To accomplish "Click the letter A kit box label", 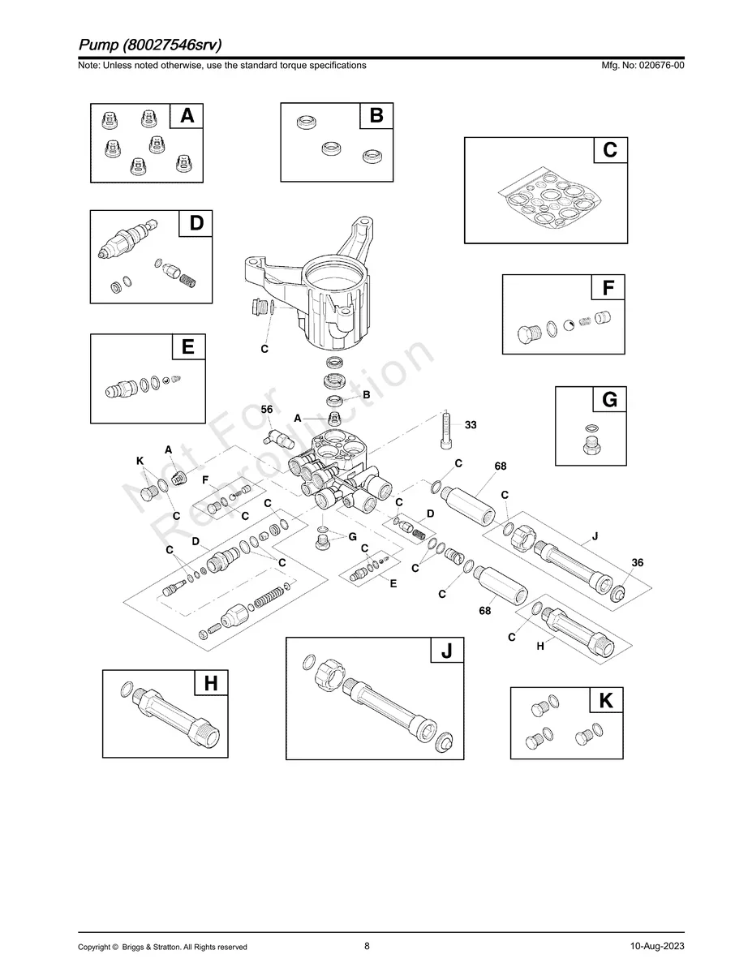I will (x=187, y=117).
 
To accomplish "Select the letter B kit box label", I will (x=376, y=117).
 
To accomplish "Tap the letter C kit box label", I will (x=610, y=150).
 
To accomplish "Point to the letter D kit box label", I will (x=196, y=223).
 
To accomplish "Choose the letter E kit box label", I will (x=187, y=347).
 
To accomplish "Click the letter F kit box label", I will (x=608, y=289).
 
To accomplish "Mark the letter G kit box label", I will (x=609, y=400).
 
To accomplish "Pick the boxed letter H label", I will (x=210, y=684).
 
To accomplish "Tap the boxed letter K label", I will (x=605, y=701).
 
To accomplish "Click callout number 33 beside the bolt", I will (x=471, y=424).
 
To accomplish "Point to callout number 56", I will (x=267, y=410).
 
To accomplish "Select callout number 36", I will (x=637, y=562).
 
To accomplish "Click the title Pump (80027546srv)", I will (x=149, y=44).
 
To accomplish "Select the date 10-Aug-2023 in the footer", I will (x=656, y=947).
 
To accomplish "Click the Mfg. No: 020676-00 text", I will (x=640, y=65).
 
